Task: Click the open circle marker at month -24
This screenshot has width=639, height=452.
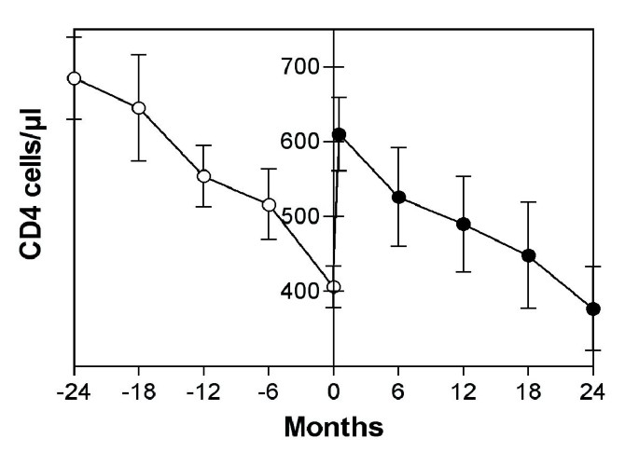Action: (74, 78)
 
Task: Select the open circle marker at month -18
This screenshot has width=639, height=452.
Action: (138, 108)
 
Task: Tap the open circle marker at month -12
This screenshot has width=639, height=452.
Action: (203, 176)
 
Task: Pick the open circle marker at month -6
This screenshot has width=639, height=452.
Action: (269, 205)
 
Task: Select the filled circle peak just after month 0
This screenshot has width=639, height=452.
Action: (340, 135)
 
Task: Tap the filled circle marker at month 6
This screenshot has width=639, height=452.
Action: (398, 198)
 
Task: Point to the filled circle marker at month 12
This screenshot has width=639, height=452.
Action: (464, 225)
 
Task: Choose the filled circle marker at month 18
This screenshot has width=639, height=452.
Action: (528, 255)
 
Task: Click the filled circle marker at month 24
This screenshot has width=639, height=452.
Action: (592, 309)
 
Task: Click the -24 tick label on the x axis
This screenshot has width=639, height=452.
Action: (72, 389)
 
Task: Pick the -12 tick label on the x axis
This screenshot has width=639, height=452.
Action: (201, 389)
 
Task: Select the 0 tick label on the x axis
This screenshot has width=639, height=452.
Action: (334, 389)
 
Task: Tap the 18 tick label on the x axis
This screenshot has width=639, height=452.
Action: (528, 389)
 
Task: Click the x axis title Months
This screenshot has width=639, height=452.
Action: (333, 428)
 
